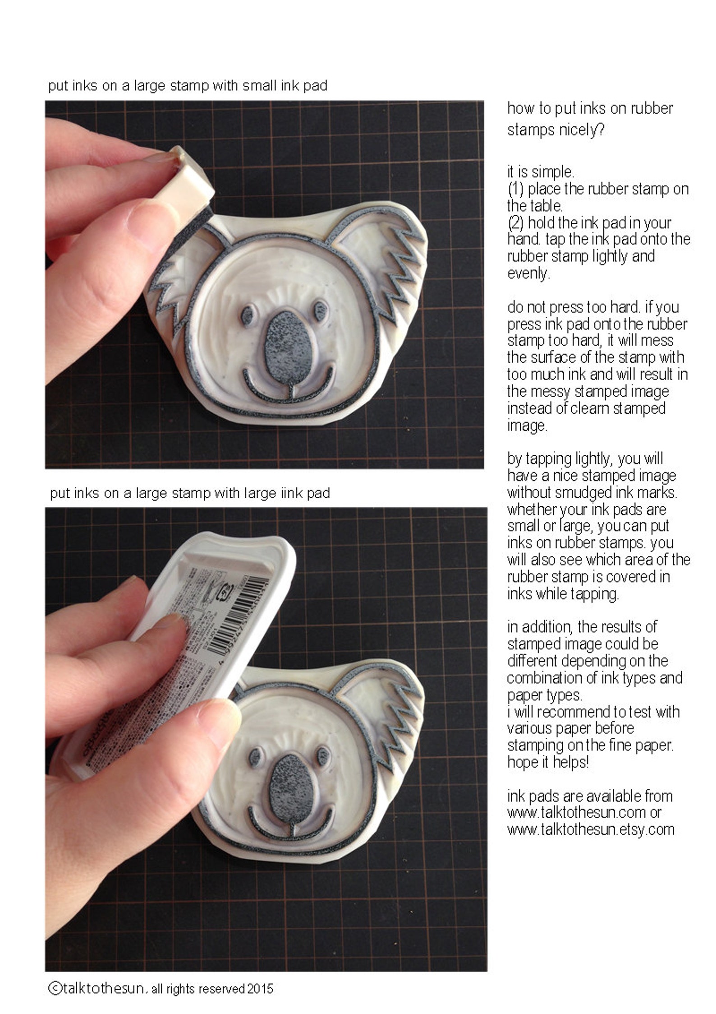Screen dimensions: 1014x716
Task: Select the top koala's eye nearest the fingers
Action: pyautogui.click(x=248, y=315)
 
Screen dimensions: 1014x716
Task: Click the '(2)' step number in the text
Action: pyautogui.click(x=515, y=222)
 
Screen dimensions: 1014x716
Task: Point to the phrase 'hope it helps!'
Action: pyautogui.click(x=548, y=762)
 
